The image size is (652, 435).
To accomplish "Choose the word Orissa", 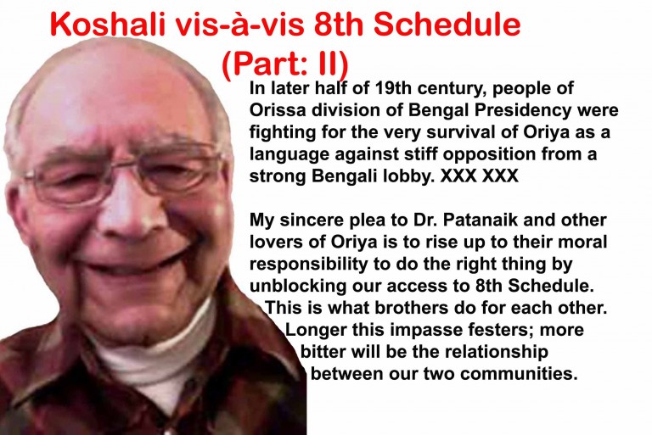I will point(277,111).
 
